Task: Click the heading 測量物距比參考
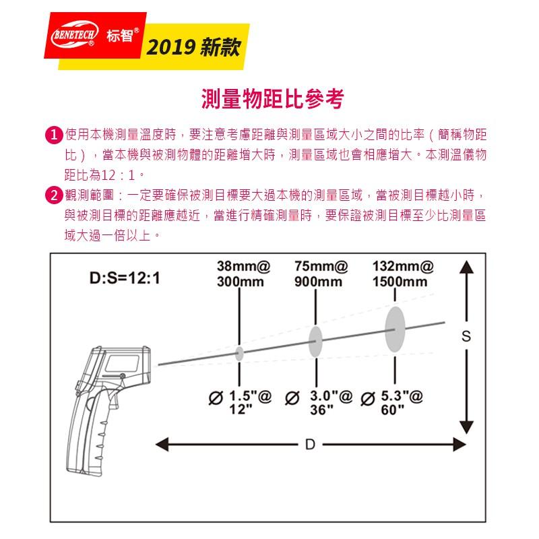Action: (x=272, y=99)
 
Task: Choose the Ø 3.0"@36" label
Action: (x=319, y=402)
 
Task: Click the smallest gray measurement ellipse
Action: (x=240, y=352)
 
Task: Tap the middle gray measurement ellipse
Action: (x=315, y=342)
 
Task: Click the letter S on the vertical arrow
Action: (x=465, y=338)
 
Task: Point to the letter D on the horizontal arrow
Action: (x=310, y=444)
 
